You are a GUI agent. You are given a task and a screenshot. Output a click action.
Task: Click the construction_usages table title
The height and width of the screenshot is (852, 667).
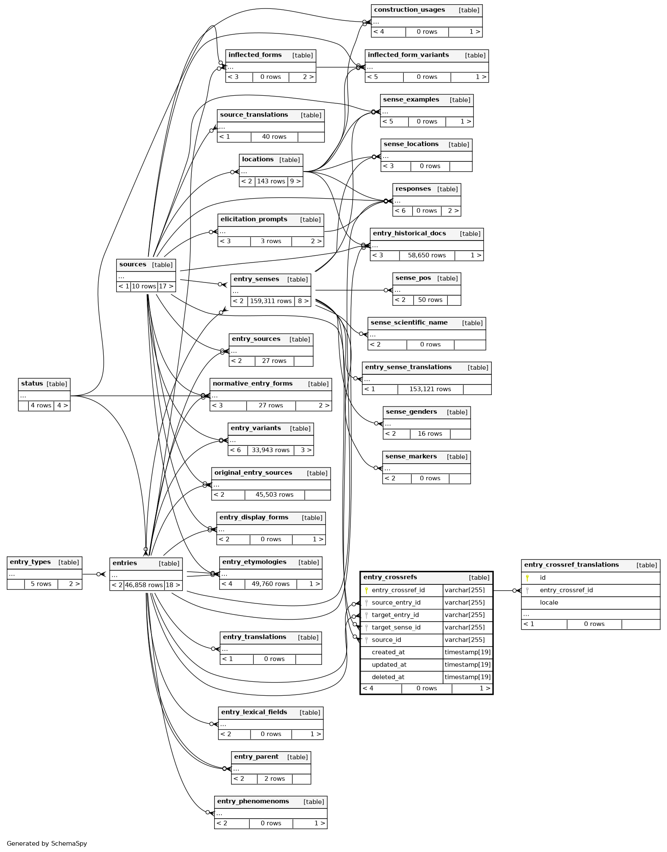(x=409, y=10)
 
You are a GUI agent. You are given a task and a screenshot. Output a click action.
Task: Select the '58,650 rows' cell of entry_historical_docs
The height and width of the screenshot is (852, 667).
(x=427, y=255)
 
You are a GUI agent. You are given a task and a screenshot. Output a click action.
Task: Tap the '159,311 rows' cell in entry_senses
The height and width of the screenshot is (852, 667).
(x=270, y=301)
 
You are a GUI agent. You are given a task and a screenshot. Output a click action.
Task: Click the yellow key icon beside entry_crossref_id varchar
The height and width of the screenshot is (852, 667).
(x=367, y=590)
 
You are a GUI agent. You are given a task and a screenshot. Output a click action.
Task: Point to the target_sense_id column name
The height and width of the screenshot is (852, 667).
(x=396, y=628)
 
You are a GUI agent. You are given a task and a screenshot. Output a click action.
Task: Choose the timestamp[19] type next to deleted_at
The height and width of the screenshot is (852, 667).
(x=467, y=677)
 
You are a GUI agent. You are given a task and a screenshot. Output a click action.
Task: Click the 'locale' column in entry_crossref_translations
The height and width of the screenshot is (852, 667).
(x=548, y=603)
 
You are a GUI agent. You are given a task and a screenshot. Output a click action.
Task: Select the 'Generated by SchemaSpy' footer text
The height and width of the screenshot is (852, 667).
(x=47, y=843)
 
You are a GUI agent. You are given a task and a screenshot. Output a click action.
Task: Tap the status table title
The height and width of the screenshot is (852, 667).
(x=32, y=384)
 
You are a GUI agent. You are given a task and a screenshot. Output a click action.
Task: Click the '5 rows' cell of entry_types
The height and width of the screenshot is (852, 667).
(x=41, y=584)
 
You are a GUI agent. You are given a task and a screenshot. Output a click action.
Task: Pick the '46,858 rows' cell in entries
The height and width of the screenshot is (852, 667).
(x=144, y=585)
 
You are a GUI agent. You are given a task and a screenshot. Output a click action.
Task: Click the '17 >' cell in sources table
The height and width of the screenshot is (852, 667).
(x=166, y=286)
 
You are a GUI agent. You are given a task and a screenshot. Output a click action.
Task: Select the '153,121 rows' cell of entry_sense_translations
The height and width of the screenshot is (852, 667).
(x=430, y=389)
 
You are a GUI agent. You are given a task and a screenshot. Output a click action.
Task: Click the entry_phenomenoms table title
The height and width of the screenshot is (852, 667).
(x=253, y=801)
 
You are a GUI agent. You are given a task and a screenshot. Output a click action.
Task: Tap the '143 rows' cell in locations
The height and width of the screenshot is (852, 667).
(x=271, y=181)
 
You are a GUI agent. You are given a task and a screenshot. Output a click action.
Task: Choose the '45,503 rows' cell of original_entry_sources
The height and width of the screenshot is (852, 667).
(x=274, y=495)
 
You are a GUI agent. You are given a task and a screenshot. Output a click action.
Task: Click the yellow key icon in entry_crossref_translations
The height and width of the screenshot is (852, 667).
(x=527, y=578)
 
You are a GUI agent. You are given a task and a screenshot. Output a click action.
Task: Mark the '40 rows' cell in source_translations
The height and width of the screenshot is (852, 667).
(x=274, y=137)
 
